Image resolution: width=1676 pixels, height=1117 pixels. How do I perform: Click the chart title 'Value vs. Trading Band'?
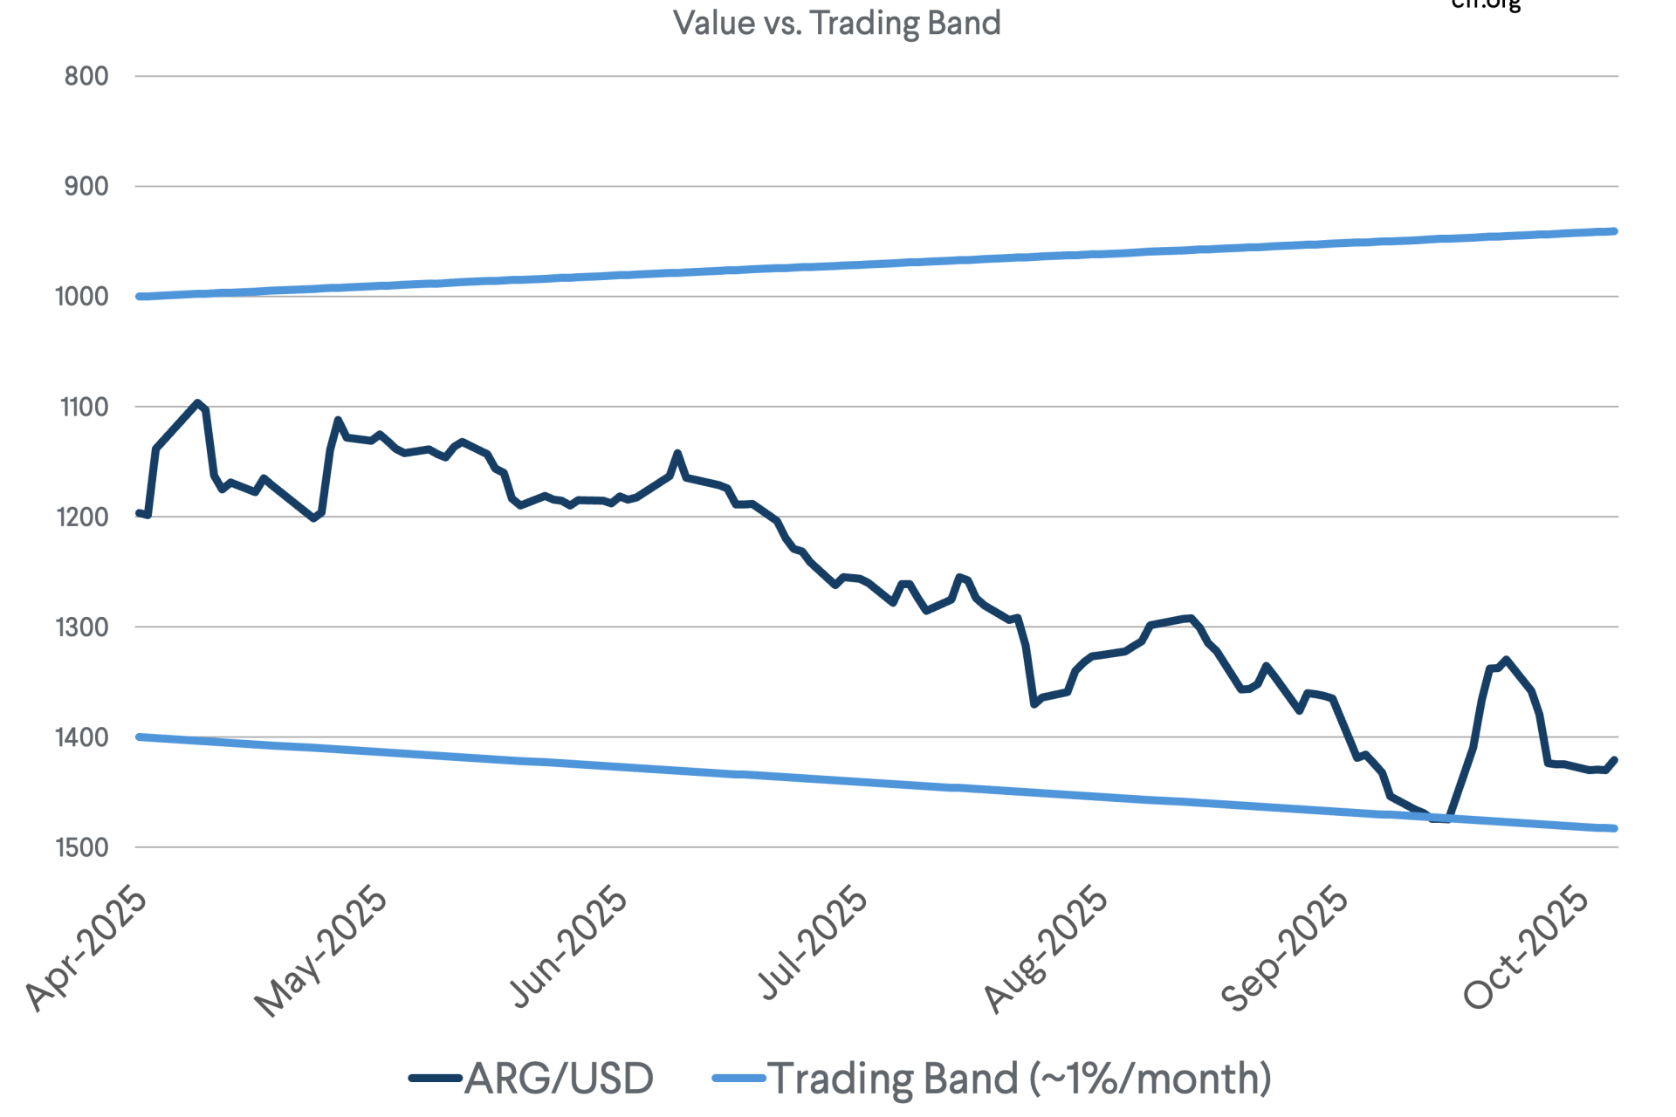(836, 23)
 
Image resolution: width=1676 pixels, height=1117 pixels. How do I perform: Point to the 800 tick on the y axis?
(86, 77)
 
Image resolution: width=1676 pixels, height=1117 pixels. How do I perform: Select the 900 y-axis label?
(86, 187)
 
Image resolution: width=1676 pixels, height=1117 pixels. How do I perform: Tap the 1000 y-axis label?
(82, 297)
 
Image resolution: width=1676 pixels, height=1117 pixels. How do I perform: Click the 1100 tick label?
(84, 407)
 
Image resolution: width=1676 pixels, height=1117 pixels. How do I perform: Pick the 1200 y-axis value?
(83, 517)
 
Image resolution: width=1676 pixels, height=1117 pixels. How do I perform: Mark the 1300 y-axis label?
(83, 627)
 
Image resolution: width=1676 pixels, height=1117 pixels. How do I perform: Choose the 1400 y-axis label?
(83, 737)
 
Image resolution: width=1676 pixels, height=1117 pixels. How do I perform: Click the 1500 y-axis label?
(83, 847)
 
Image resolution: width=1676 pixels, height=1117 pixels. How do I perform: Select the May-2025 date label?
(321, 951)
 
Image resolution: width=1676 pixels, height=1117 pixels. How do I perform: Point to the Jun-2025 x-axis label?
(568, 947)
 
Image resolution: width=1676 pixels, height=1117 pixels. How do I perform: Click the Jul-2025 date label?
(814, 942)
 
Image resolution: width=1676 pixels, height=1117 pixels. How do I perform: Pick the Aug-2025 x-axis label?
(1047, 949)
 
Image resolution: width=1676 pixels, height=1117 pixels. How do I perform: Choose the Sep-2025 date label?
(1285, 949)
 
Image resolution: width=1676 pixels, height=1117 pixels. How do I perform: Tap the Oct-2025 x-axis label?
(1527, 947)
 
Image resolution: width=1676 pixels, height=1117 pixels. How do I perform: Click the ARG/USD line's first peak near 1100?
(198, 403)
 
